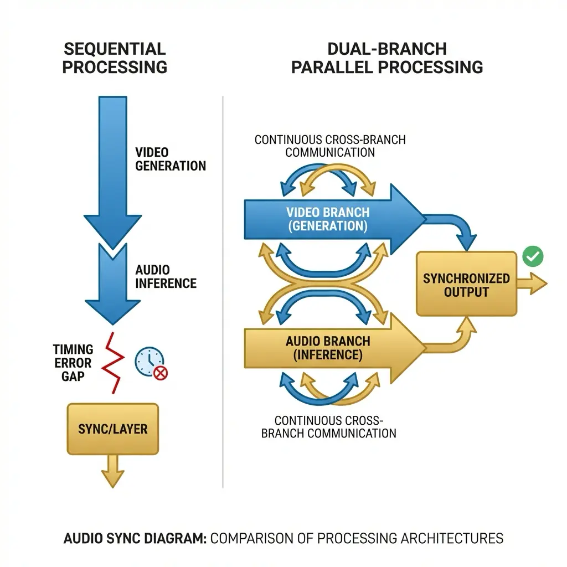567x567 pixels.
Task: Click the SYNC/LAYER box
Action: (112, 429)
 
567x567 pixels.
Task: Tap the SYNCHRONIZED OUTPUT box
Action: (466, 284)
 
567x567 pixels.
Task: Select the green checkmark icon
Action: (533, 256)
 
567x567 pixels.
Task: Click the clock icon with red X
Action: (150, 363)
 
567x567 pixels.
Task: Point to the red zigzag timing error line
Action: (114, 363)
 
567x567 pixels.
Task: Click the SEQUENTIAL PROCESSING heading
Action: (115, 58)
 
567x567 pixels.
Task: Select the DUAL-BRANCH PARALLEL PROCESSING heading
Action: (386, 58)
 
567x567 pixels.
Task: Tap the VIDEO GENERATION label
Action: (170, 159)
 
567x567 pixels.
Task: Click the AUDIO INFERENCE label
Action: (166, 276)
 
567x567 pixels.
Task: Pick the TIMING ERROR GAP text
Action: (73, 363)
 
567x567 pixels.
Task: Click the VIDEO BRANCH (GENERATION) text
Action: (328, 219)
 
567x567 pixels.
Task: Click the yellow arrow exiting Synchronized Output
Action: (532, 283)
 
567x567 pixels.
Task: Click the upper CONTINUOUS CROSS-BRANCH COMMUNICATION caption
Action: (330, 146)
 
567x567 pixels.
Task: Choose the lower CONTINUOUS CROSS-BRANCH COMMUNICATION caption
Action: (328, 427)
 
